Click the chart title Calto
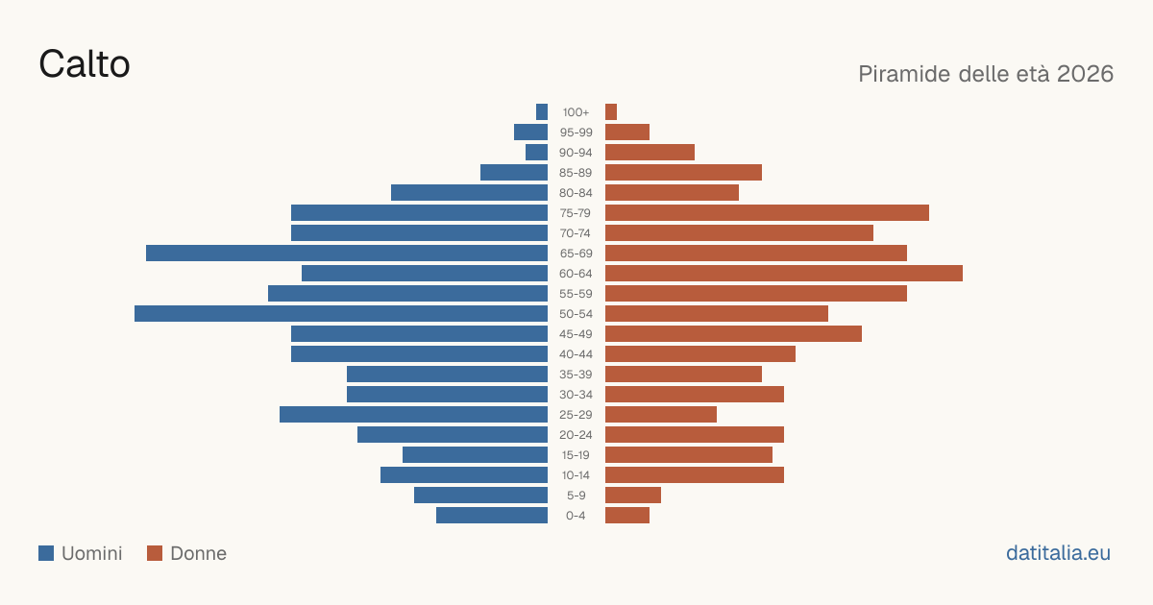click(x=85, y=64)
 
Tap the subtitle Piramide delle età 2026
click(x=986, y=74)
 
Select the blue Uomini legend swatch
click(x=46, y=553)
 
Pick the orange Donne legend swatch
click(x=155, y=553)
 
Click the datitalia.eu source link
click(x=1058, y=553)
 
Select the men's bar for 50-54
click(x=341, y=314)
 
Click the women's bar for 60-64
click(x=784, y=273)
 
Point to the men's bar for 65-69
click(x=347, y=254)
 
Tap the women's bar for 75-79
click(x=767, y=213)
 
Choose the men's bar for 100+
click(x=542, y=112)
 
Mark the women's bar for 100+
click(x=611, y=112)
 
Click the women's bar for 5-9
click(x=633, y=496)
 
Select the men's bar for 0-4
click(x=492, y=516)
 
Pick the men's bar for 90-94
click(x=537, y=153)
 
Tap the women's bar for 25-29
click(x=661, y=415)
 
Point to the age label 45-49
click(x=576, y=334)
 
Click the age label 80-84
click(x=576, y=193)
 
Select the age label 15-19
click(x=576, y=455)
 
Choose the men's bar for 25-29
click(x=414, y=415)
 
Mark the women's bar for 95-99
click(x=627, y=133)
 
